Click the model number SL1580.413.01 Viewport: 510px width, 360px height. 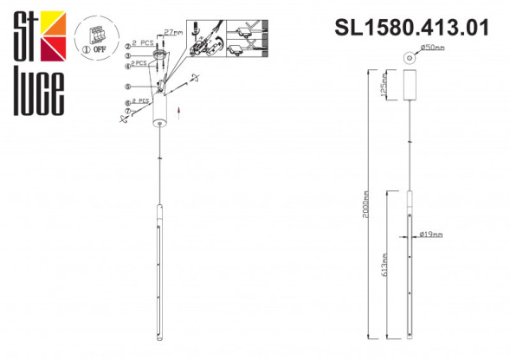tap(411, 28)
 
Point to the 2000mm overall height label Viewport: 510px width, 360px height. tap(368, 204)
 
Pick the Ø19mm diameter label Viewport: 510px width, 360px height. tap(432, 235)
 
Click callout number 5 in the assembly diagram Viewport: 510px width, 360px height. tap(127, 86)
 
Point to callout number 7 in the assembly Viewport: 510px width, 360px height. tap(127, 110)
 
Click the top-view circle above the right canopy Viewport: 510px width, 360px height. tap(410, 56)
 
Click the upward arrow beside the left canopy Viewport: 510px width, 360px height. tap(178, 111)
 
